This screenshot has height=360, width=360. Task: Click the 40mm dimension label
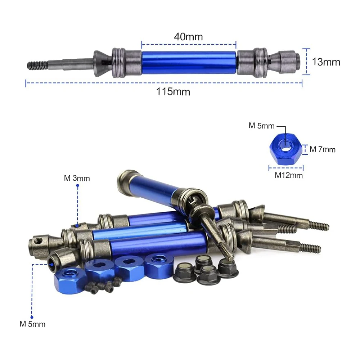click(x=188, y=37)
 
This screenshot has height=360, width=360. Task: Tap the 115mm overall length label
click(x=173, y=91)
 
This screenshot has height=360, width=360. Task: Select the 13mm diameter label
click(x=326, y=62)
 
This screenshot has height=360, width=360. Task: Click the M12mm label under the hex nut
click(x=289, y=175)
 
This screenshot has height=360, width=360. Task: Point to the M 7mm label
click(x=323, y=149)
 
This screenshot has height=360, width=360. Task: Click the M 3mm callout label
click(x=77, y=178)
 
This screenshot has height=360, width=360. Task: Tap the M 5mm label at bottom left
click(x=32, y=324)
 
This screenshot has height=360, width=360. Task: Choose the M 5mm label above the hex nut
click(x=261, y=126)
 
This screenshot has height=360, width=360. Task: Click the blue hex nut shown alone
click(x=285, y=149)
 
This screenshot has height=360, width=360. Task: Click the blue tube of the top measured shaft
click(x=189, y=62)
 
